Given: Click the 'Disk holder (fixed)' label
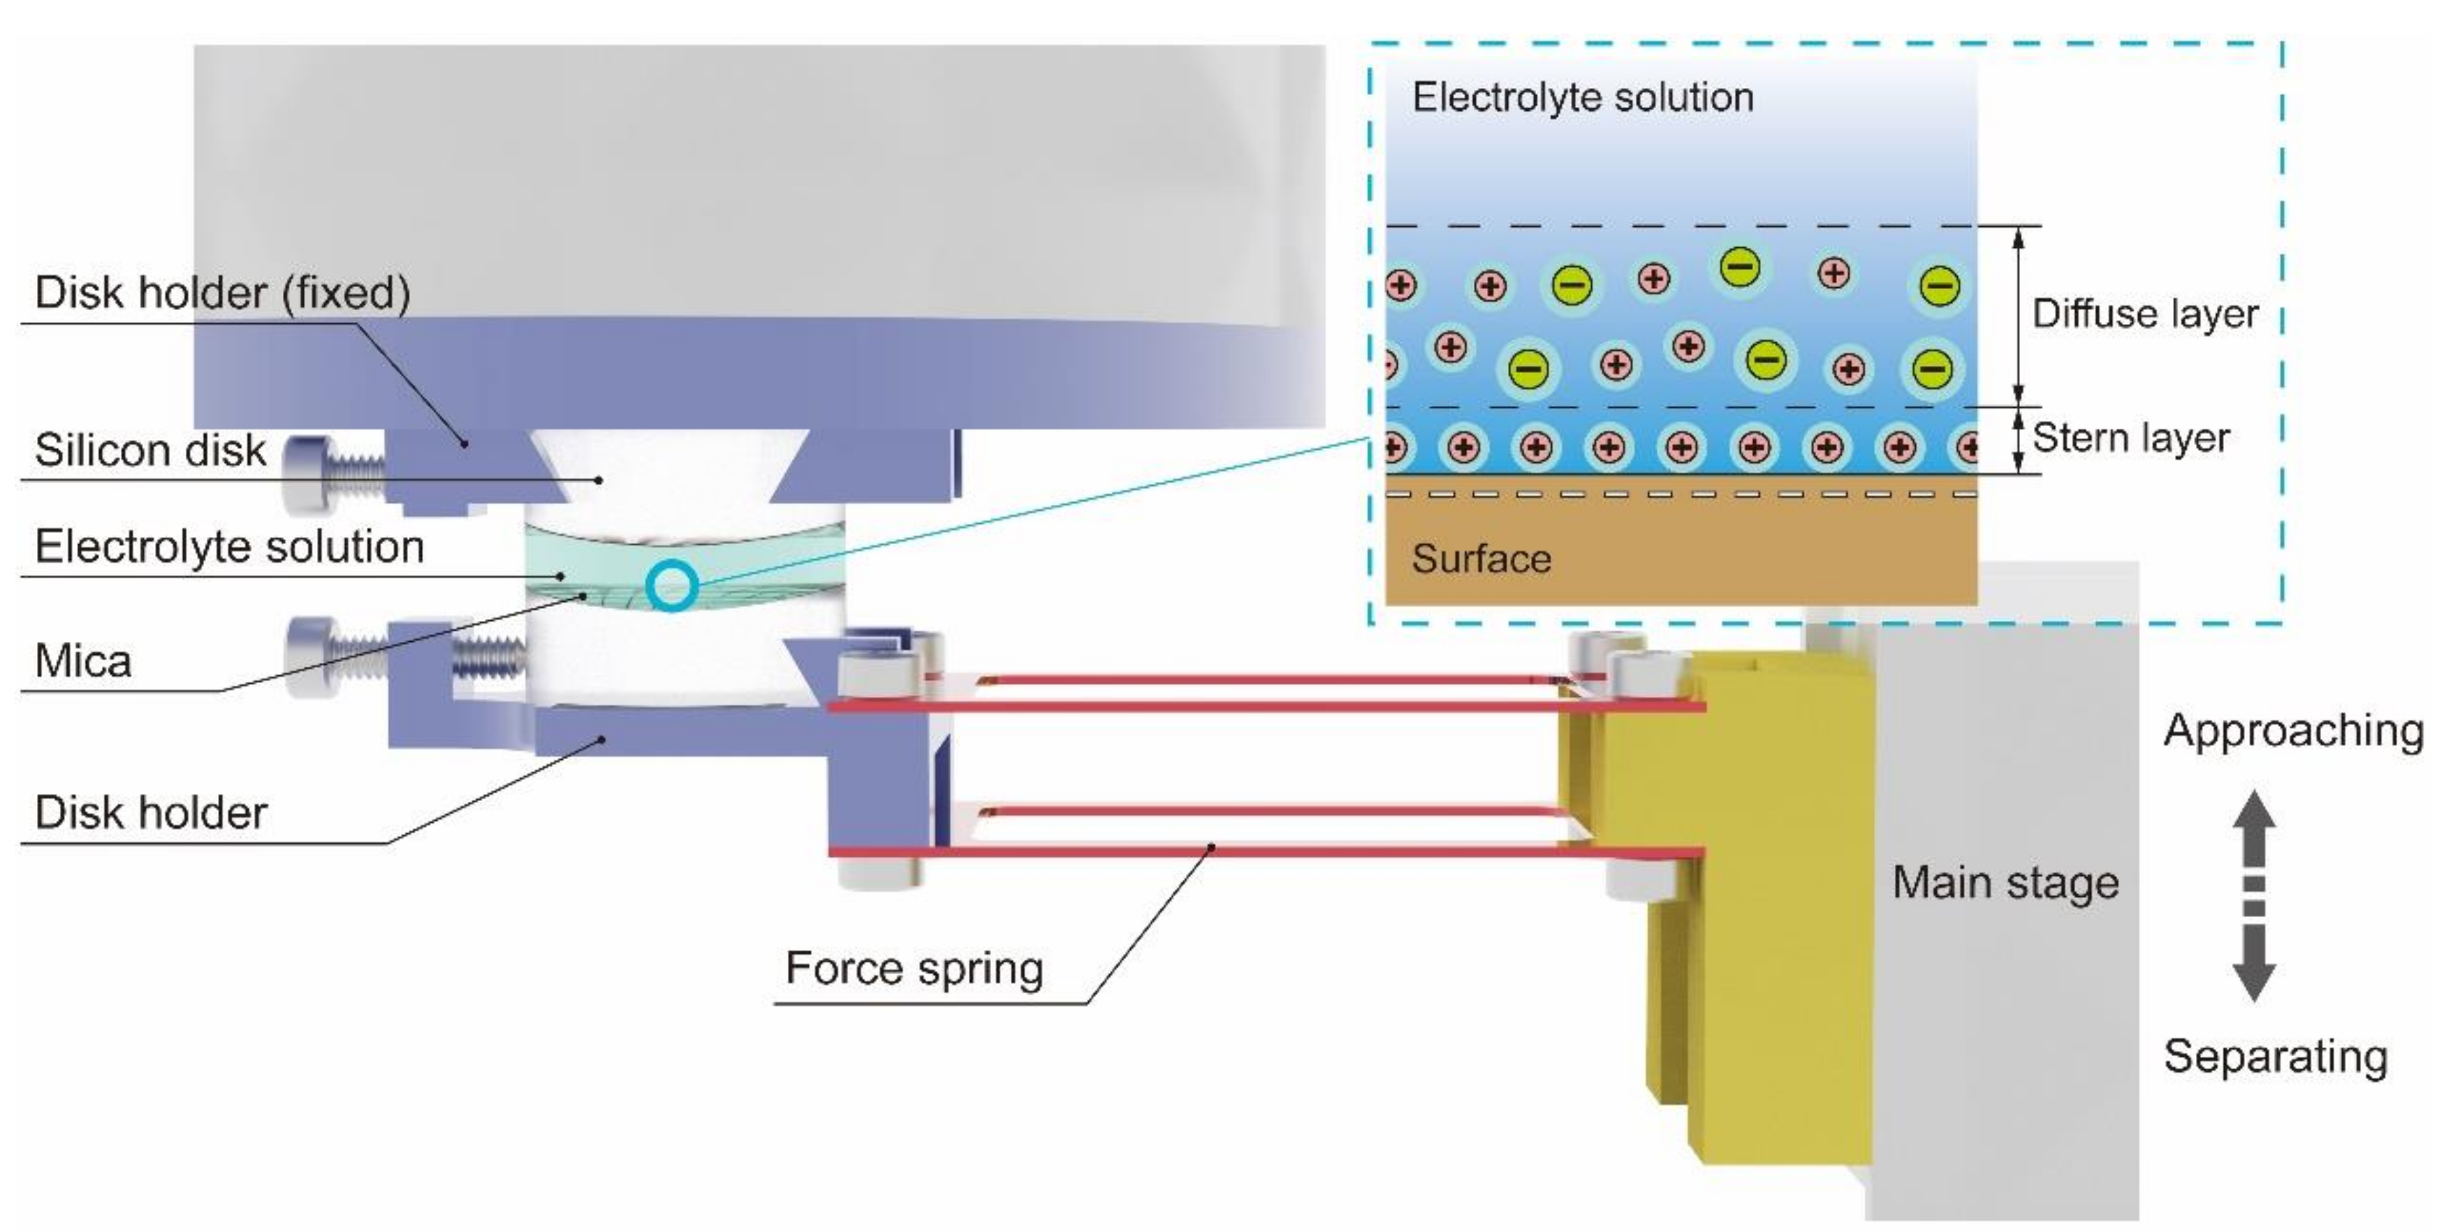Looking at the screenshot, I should click(x=222, y=293).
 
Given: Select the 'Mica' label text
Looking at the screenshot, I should click(x=82, y=661).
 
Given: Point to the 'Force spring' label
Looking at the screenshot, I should click(x=914, y=968).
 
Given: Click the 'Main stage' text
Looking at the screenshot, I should click(x=2005, y=883).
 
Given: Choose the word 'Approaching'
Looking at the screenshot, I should click(x=2293, y=731).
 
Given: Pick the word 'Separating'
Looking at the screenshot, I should click(x=2275, y=1056).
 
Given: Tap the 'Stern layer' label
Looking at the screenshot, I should click(x=2130, y=438).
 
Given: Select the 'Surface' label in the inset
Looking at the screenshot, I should click(x=1481, y=559).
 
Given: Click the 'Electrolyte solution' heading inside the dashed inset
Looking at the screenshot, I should click(x=1583, y=98).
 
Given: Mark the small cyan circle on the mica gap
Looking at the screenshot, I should click(x=672, y=586).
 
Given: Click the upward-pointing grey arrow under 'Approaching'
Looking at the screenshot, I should click(x=2255, y=828).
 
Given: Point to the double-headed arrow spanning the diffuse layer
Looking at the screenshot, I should click(x=2017, y=316).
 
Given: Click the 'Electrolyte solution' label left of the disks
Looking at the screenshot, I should click(x=229, y=547).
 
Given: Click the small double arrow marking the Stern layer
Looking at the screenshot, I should click(x=2017, y=440).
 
